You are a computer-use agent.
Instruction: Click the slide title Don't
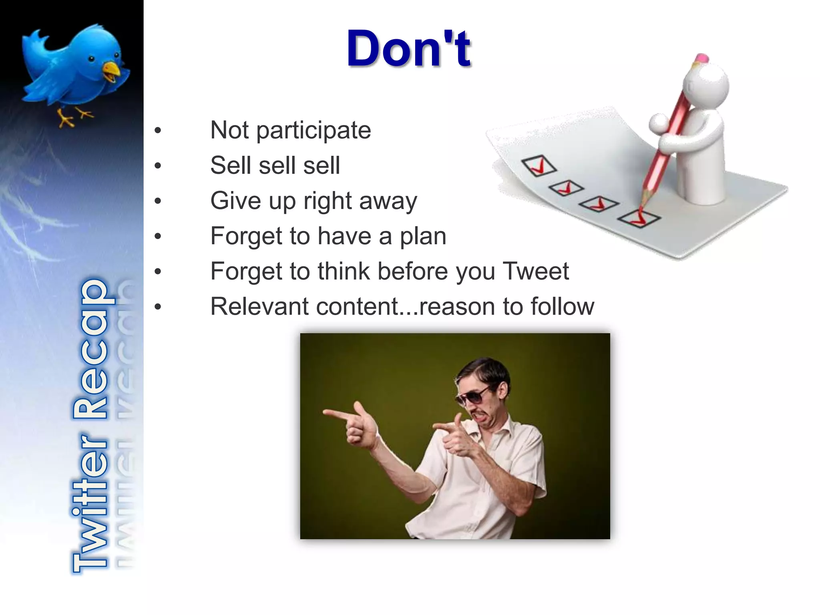point(408,49)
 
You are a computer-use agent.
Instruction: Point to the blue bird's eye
point(92,59)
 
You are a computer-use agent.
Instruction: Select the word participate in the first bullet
point(314,131)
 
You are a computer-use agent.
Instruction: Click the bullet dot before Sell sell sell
point(158,165)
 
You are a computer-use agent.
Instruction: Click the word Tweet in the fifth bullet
point(535,271)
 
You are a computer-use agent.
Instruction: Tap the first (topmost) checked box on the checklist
point(539,165)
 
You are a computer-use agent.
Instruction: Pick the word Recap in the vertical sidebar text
point(90,348)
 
